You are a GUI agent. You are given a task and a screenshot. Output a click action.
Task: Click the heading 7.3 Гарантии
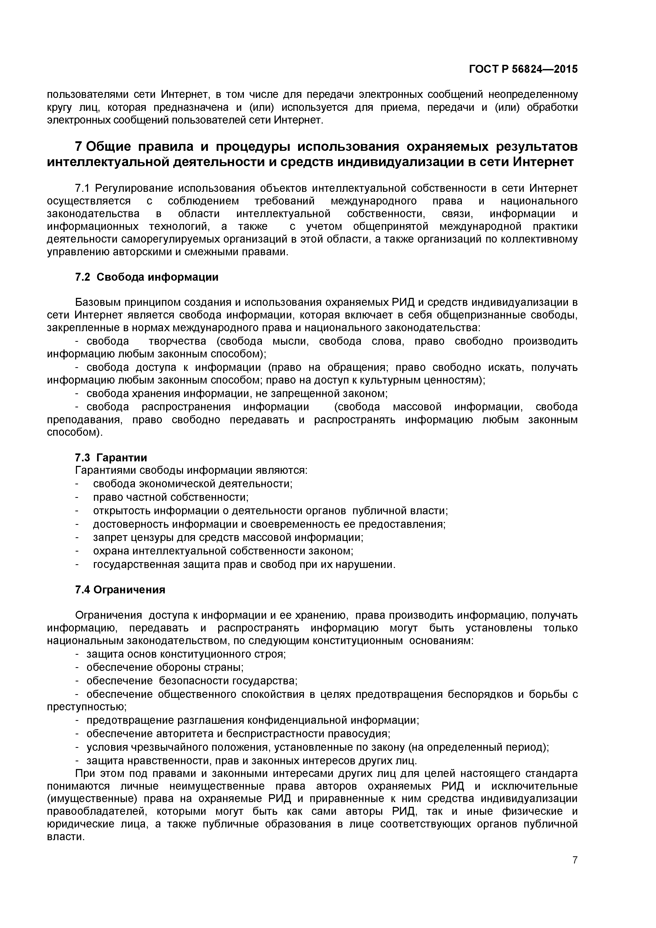(x=111, y=458)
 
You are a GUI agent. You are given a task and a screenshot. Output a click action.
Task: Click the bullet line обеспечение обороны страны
(x=165, y=667)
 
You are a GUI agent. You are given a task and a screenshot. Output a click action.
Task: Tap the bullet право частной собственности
(x=171, y=497)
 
